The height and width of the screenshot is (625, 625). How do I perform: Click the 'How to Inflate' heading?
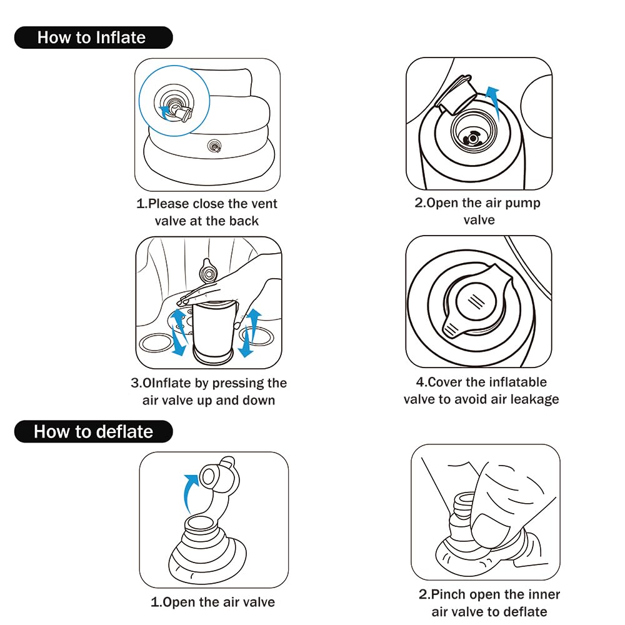tap(91, 37)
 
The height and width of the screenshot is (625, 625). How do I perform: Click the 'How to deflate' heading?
tap(93, 432)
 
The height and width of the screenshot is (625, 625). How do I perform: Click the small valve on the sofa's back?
tap(214, 146)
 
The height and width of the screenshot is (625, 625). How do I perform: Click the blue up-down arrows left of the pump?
tap(178, 332)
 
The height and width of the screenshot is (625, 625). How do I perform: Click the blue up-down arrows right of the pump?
tap(248, 333)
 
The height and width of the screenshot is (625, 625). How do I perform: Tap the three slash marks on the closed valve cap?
tap(476, 301)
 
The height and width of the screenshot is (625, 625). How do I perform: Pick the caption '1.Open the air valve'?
tap(213, 602)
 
